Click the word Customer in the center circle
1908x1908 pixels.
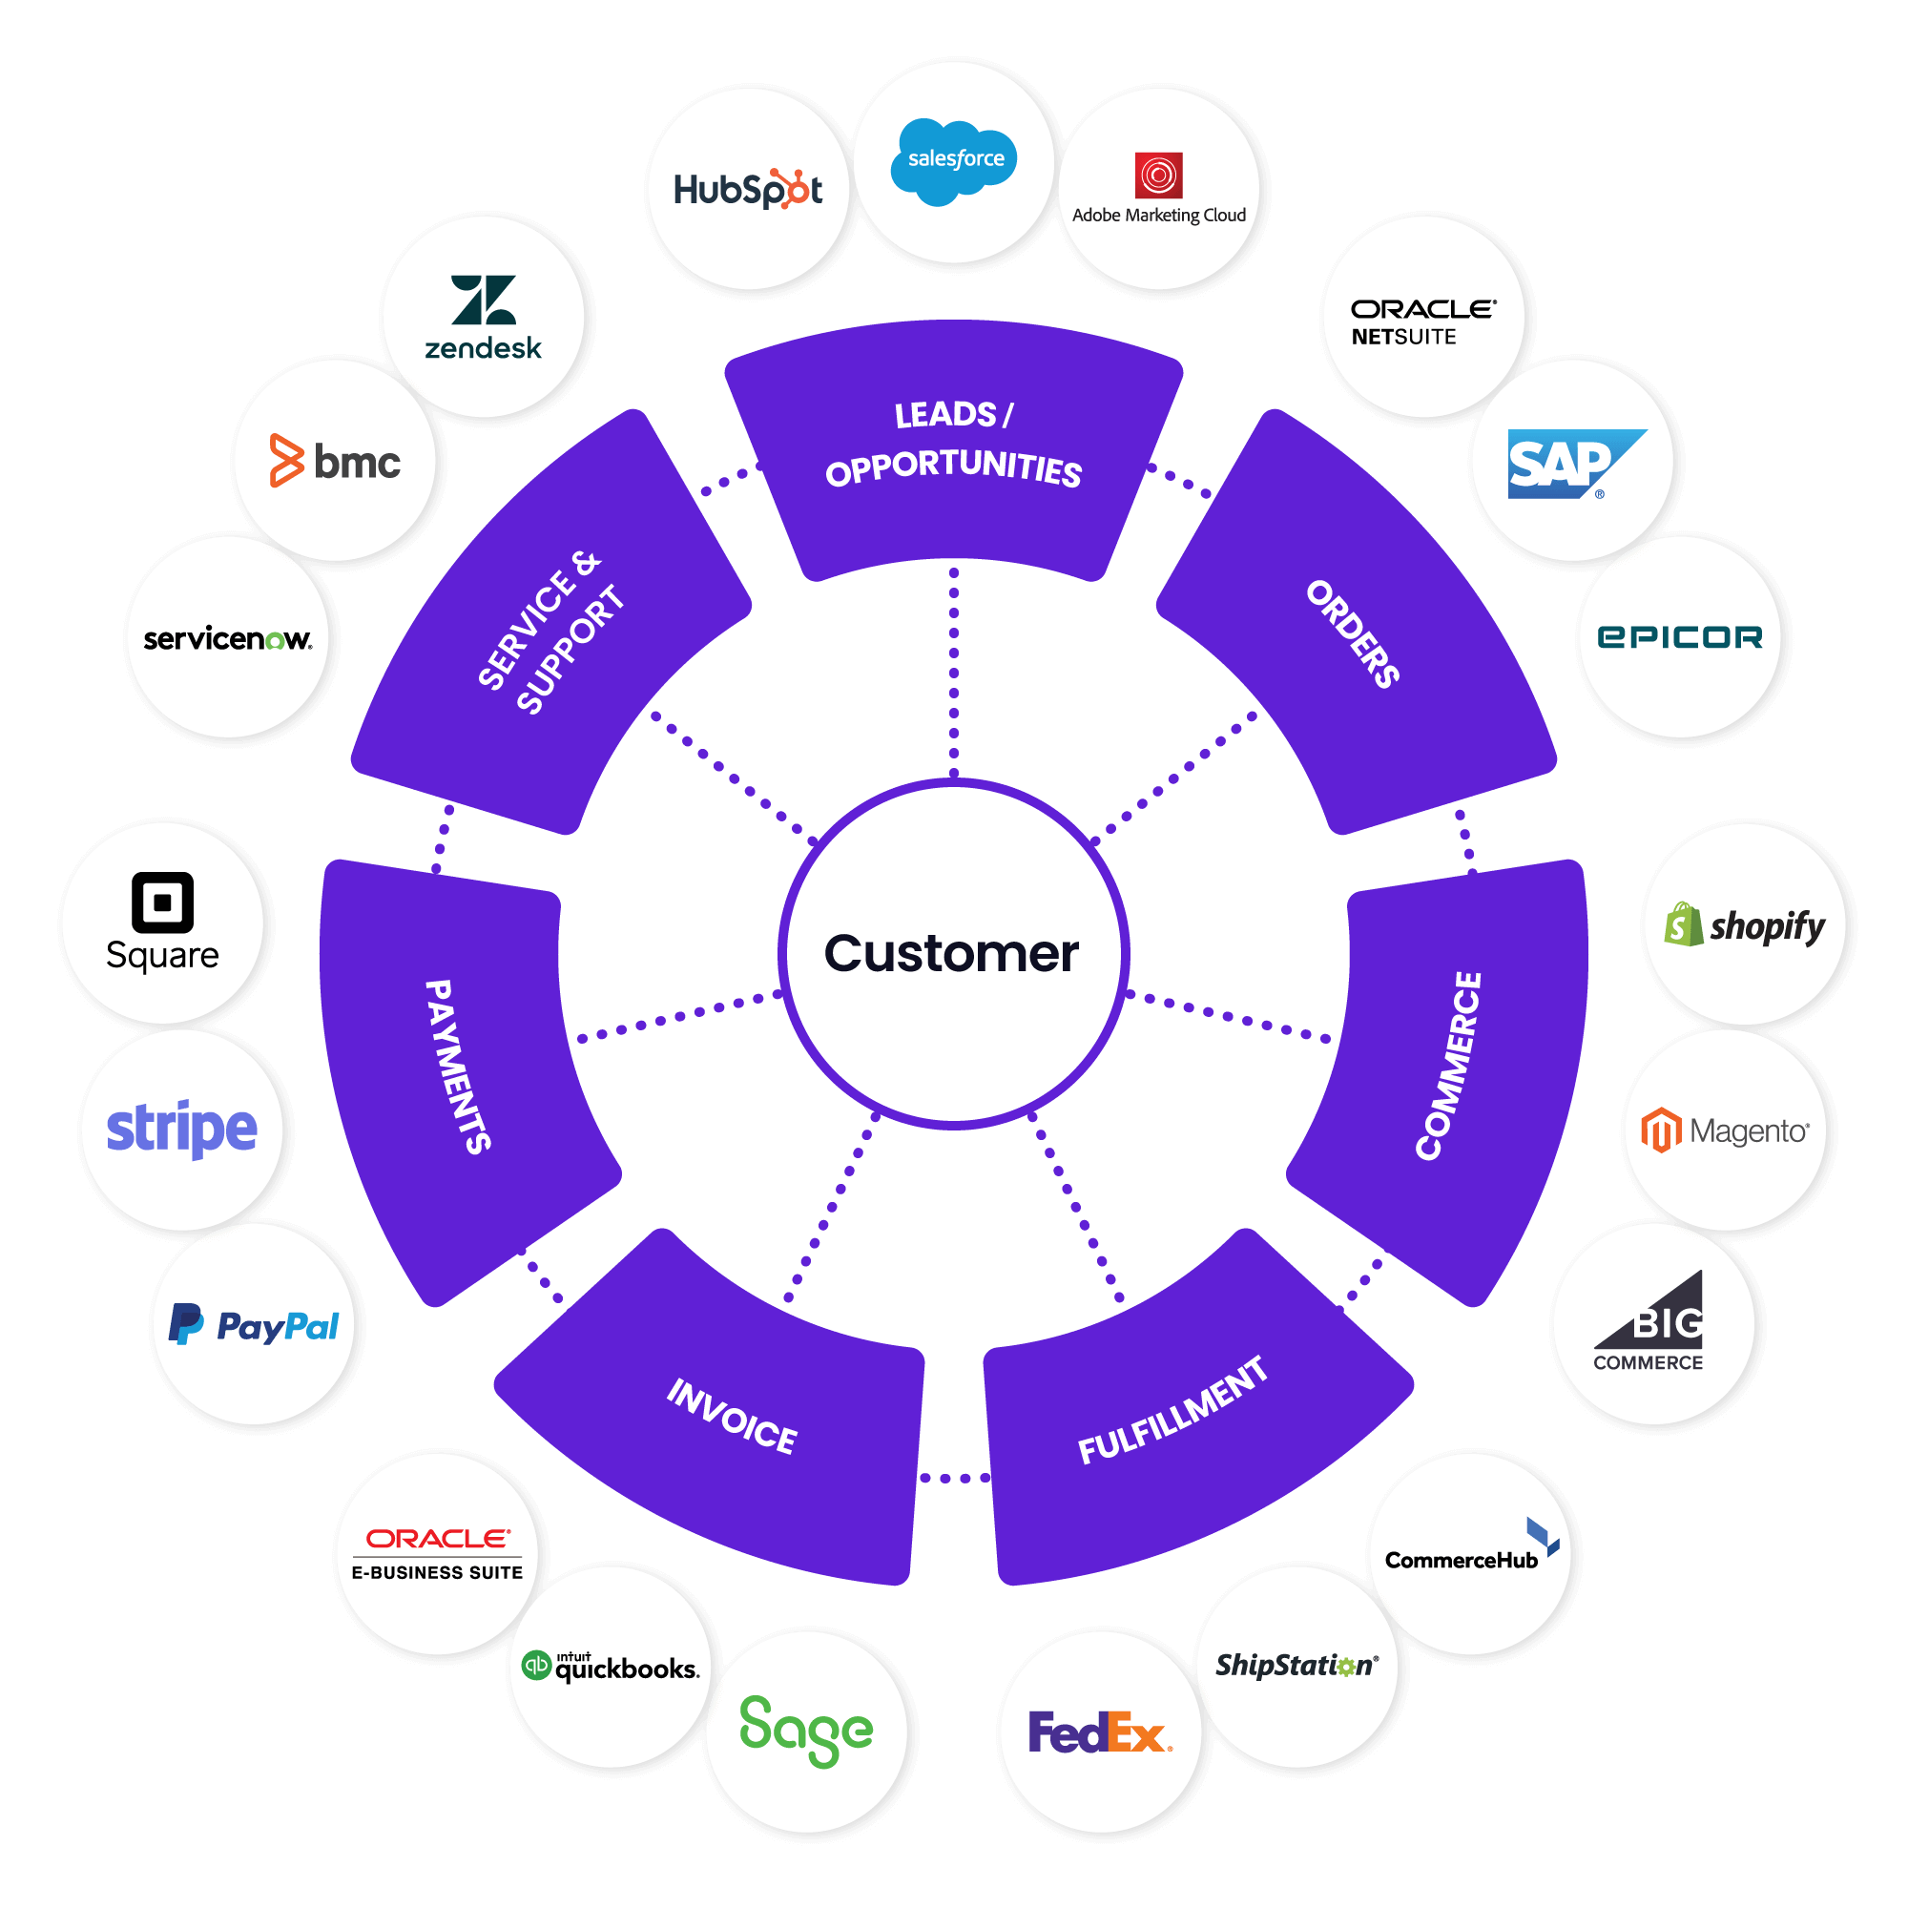[951, 954]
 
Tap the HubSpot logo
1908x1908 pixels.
[748, 189]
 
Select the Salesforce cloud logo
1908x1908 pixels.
[954, 159]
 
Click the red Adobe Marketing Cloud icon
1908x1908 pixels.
[1158, 176]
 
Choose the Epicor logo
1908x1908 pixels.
[1680, 637]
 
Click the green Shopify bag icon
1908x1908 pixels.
[1683, 925]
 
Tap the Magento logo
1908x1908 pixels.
[1724, 1130]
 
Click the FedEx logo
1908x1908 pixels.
[1099, 1733]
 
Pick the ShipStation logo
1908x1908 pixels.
[1296, 1666]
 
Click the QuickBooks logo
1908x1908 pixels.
[611, 1667]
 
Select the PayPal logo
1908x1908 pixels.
[254, 1325]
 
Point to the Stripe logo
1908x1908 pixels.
[181, 1129]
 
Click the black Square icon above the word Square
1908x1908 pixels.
[162, 902]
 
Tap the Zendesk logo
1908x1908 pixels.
[483, 316]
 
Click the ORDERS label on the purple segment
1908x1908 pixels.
[1353, 634]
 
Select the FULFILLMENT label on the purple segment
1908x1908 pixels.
[1172, 1409]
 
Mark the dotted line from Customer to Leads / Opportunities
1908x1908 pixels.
[954, 672]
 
